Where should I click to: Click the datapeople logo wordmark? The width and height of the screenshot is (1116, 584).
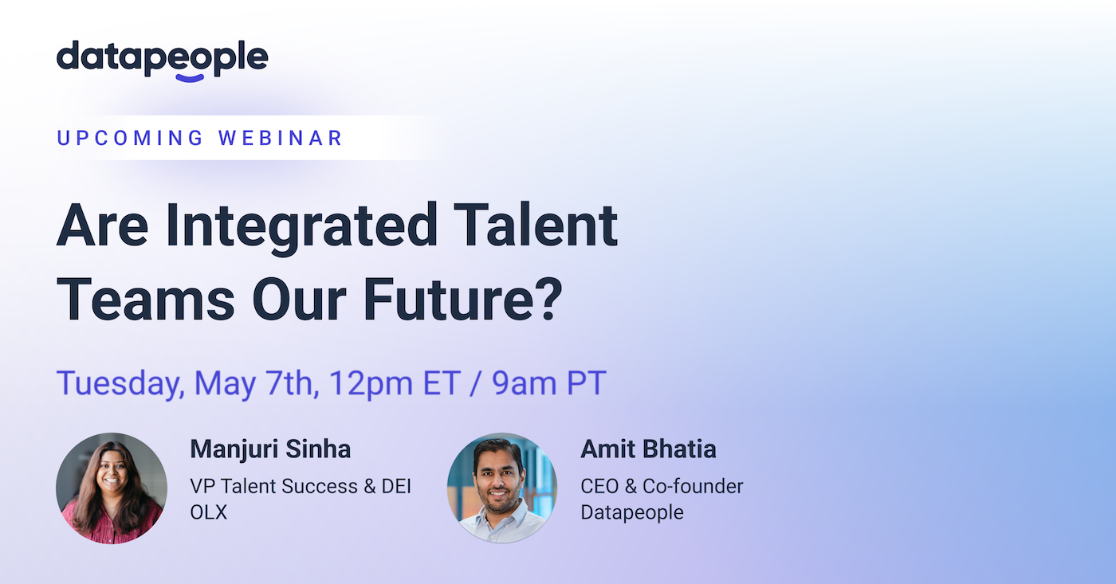tap(162, 58)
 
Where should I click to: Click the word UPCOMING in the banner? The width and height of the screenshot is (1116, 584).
tap(131, 138)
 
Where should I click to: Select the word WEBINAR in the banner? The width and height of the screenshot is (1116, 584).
tap(281, 138)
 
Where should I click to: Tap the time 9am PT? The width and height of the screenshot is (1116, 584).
tap(549, 383)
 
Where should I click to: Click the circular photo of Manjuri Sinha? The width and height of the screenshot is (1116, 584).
tap(112, 488)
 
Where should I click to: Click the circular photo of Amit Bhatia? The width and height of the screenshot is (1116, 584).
tap(502, 488)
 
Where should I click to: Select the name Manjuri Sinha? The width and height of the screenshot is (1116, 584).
tap(270, 449)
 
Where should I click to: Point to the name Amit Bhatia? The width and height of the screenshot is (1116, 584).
tap(648, 449)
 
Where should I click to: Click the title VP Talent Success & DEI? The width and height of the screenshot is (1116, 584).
tap(301, 486)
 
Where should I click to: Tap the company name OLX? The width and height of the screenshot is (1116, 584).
tap(209, 512)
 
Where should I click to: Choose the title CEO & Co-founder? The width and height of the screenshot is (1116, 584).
tap(662, 486)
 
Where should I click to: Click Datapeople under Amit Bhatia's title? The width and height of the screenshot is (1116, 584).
tap(632, 512)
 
